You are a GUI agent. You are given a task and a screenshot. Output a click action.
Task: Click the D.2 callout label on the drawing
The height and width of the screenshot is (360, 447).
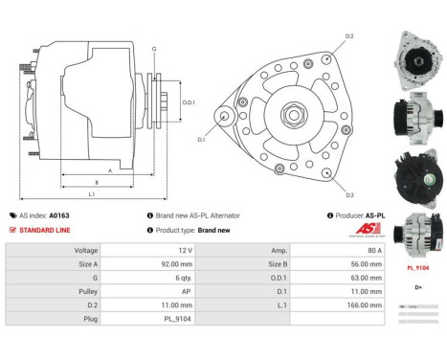tap(349, 36)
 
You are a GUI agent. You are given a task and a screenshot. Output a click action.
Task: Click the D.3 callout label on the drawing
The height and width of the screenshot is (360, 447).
tap(349, 194)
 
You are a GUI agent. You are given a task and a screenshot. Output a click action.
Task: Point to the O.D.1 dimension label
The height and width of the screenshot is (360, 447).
tap(189, 102)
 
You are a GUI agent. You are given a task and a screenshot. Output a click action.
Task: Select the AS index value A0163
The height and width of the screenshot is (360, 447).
tap(60, 215)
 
